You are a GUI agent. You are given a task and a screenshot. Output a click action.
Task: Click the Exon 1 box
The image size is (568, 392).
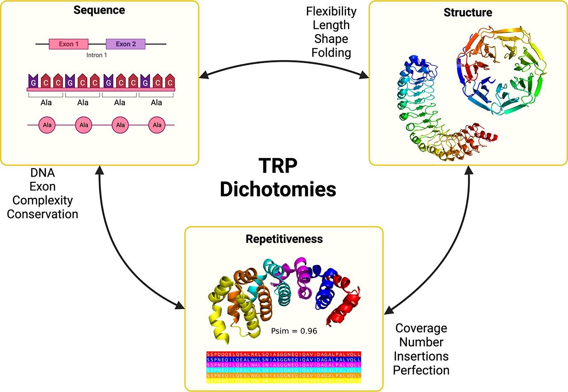(x=68, y=44)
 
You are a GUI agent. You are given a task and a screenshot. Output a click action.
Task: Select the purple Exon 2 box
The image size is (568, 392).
(x=126, y=44)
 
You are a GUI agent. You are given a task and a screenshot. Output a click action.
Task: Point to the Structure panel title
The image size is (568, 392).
(x=468, y=12)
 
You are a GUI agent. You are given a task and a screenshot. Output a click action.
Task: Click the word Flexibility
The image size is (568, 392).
(x=331, y=10)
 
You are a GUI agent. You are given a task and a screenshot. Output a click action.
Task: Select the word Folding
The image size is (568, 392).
(x=331, y=53)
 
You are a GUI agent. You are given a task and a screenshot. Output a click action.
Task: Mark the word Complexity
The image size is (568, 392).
(x=43, y=200)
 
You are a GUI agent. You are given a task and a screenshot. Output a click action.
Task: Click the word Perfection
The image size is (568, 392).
(x=421, y=369)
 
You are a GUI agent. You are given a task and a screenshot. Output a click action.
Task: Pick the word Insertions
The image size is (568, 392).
(x=421, y=356)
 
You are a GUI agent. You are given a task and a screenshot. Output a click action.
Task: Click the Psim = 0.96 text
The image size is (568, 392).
(x=294, y=331)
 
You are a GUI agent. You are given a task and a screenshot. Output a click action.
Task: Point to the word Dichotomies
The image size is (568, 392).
(x=278, y=189)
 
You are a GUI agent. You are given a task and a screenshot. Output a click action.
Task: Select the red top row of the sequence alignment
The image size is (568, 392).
(x=284, y=354)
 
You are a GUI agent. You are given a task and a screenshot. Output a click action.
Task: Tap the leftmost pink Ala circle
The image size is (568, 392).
(x=46, y=125)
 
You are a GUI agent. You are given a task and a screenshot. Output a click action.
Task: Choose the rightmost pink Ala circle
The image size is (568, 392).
(x=157, y=125)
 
